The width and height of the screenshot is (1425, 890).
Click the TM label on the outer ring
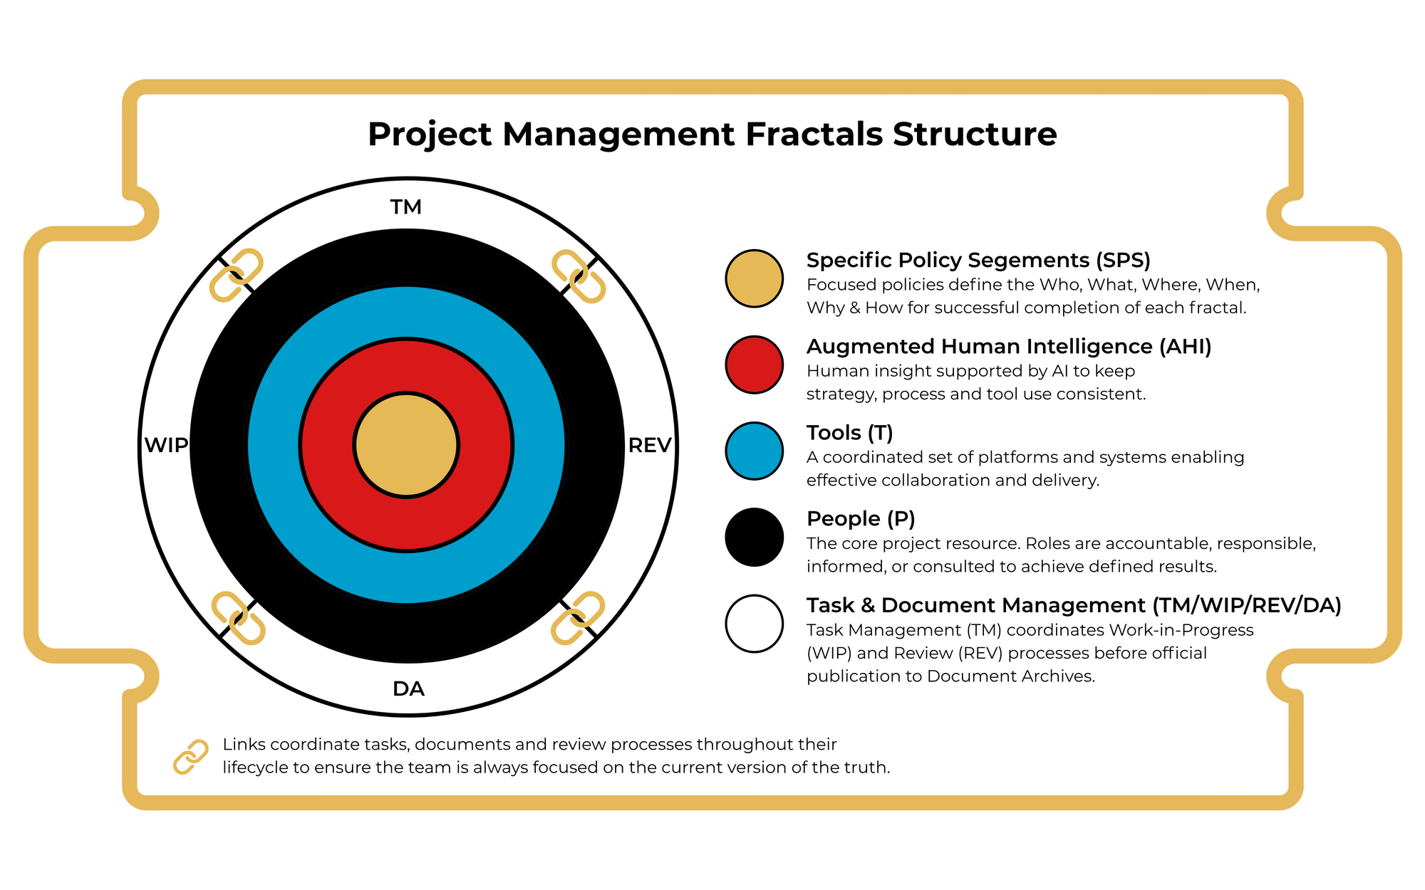(x=406, y=207)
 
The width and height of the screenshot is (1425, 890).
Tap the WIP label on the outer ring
(x=166, y=446)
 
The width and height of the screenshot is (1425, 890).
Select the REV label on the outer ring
(x=650, y=446)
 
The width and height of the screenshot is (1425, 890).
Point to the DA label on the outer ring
(x=408, y=689)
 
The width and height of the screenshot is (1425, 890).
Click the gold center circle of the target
(x=406, y=445)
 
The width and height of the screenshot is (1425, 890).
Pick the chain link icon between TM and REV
(x=579, y=276)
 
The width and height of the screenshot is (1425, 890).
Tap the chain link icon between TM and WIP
(x=237, y=276)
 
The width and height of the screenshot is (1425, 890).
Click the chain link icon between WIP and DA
(x=239, y=618)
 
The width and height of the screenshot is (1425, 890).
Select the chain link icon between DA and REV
(x=578, y=618)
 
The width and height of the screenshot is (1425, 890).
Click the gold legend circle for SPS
(x=755, y=278)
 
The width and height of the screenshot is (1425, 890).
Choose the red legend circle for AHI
(x=755, y=365)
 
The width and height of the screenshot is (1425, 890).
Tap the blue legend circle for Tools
(x=755, y=451)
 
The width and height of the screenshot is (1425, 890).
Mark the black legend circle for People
(x=755, y=538)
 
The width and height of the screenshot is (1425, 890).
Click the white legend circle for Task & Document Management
(x=755, y=624)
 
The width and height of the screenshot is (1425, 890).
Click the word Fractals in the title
(x=814, y=134)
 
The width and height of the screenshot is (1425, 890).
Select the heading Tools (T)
(x=850, y=433)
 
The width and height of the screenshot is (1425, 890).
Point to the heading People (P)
(x=861, y=518)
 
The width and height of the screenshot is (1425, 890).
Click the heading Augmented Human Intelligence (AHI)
(x=1009, y=347)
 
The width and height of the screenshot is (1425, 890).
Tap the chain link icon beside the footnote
(x=191, y=756)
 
